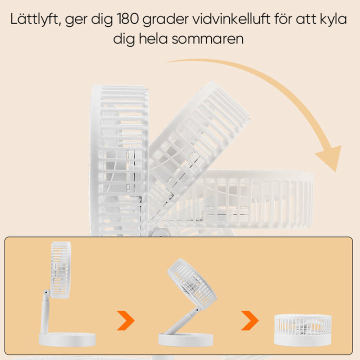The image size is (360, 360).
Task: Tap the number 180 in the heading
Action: pyautogui.click(x=128, y=19)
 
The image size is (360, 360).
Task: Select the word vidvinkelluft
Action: pyautogui.click(x=231, y=19)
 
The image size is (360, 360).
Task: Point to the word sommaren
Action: pyautogui.click(x=207, y=39)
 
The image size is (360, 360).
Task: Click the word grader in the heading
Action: pyautogui.click(x=165, y=20)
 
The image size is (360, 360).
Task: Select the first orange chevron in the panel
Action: pyautogui.click(x=125, y=320)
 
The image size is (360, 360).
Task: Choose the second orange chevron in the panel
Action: pyautogui.click(x=250, y=320)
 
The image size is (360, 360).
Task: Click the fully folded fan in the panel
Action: pyautogui.click(x=303, y=330)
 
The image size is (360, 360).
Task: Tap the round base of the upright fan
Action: pyautogui.click(x=67, y=339)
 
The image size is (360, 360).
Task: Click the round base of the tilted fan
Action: pyautogui.click(x=185, y=340)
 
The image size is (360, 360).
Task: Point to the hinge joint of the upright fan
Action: pyautogui.click(x=46, y=292)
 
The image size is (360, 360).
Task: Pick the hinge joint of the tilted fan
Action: pyautogui.click(x=197, y=310)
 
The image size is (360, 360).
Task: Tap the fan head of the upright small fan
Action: pyautogui.click(x=60, y=270)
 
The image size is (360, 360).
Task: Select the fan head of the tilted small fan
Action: pyautogui.click(x=192, y=283)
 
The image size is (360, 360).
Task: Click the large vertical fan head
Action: pyautogui.click(x=119, y=160)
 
